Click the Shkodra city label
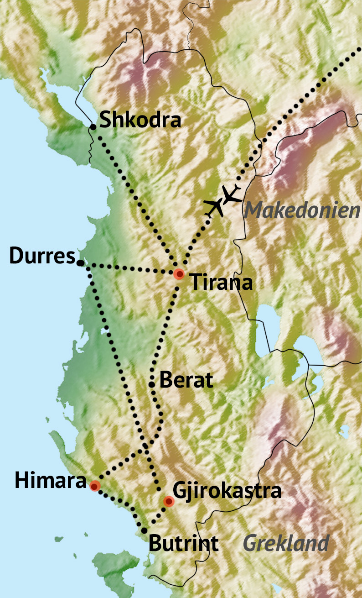tap(140, 121)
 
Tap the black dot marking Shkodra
tap(93, 127)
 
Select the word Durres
tap(42, 257)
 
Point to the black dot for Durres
tap(80, 263)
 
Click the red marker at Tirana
tap(179, 274)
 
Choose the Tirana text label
tap(221, 282)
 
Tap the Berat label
tap(186, 380)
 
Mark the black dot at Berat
tap(152, 385)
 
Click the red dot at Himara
tap(94, 486)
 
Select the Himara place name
tap(51, 481)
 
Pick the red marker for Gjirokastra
tap(169, 502)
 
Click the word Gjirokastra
tap(227, 492)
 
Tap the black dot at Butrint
tap(144, 530)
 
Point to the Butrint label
tap(183, 544)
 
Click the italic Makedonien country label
tap(301, 211)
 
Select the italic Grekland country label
tap(286, 543)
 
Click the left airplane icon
tap(214, 208)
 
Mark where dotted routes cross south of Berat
tap(146, 448)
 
